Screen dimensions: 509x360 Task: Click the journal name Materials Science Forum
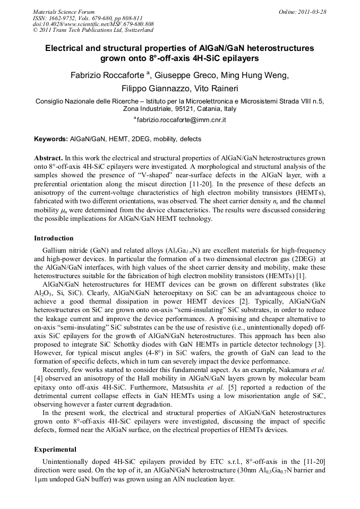coord(64,12)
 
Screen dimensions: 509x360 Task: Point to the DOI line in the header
coord(93,24)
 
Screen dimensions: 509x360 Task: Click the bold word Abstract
coord(48,158)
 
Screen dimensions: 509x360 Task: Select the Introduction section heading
coord(54,238)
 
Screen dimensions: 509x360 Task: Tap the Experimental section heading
coord(55,449)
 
